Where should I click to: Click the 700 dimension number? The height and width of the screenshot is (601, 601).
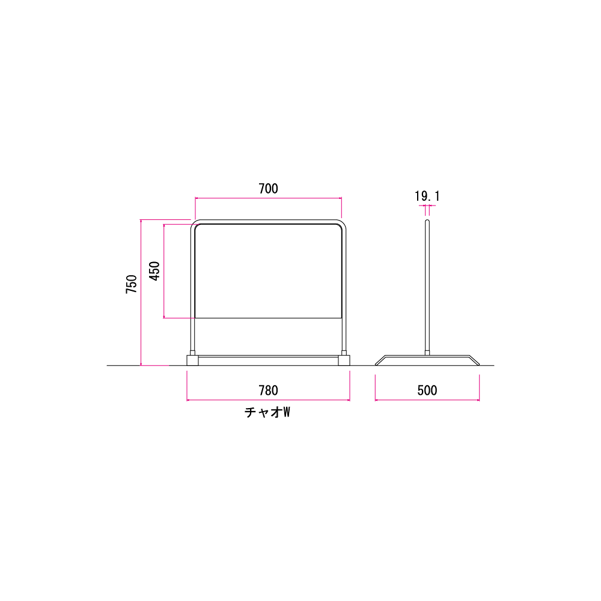click(x=268, y=189)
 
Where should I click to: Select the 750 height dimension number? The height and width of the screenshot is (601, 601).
click(x=132, y=284)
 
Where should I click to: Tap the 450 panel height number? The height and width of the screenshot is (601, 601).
click(x=154, y=271)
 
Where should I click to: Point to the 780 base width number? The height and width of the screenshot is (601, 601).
click(x=268, y=391)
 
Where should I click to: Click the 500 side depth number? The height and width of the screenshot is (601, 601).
click(x=427, y=391)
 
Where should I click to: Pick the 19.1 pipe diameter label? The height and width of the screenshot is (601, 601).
click(x=427, y=197)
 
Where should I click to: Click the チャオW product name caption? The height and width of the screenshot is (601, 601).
click(x=267, y=412)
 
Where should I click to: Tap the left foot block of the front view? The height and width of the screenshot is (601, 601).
click(x=192, y=360)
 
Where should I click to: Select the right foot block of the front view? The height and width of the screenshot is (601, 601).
click(x=344, y=360)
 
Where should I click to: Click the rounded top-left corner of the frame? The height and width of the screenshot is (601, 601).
click(x=193, y=222)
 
